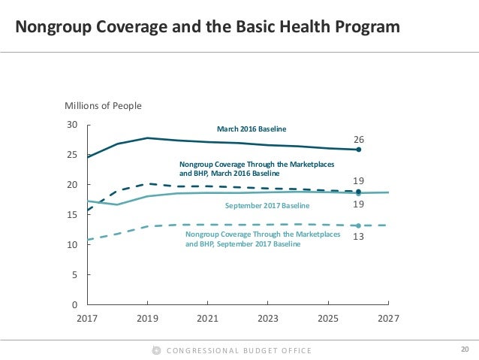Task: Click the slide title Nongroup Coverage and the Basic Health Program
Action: [x=208, y=29]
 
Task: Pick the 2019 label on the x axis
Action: [x=148, y=319]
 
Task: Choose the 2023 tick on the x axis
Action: [x=268, y=319]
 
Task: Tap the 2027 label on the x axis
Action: [x=388, y=319]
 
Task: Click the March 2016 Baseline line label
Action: [x=252, y=129]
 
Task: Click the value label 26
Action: [x=359, y=140]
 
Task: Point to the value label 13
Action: [x=359, y=235]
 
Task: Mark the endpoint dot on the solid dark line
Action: [x=359, y=150]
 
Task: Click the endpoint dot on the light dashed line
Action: [x=359, y=225]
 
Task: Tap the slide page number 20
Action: [x=464, y=349]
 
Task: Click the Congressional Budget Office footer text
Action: [x=239, y=350]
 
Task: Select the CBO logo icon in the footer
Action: [x=156, y=350]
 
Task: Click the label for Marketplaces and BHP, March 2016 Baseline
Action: [x=258, y=168]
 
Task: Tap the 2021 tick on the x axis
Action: [x=208, y=319]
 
